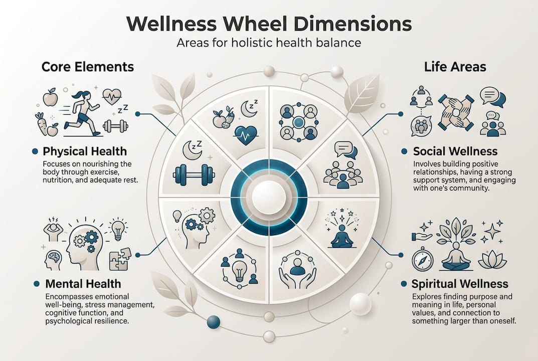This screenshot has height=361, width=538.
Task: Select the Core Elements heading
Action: point(87,67)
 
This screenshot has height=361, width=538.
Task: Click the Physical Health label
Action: point(85,151)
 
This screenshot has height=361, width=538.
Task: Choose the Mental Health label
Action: point(83,284)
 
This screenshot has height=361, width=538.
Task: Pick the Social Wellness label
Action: point(455,151)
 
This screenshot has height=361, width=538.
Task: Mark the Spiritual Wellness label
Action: point(460,284)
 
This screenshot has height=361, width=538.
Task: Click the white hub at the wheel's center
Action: point(269,197)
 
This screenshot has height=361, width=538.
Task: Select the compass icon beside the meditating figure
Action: point(422,261)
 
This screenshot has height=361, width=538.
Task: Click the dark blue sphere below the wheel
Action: point(214,321)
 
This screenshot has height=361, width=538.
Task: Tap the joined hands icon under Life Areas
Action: point(457,112)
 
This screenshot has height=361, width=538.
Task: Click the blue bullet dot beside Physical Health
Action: point(35,151)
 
